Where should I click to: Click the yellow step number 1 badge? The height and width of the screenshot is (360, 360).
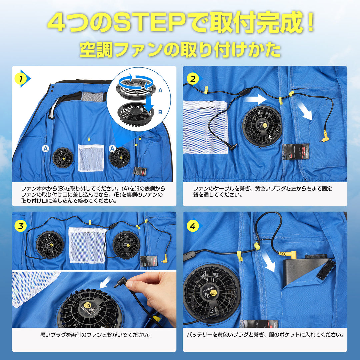tap(21, 79)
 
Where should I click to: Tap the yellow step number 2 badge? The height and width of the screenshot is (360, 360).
tap(193, 79)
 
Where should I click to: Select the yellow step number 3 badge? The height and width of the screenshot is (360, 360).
tap(21, 226)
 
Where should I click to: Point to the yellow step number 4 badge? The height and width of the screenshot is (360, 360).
tap(193, 226)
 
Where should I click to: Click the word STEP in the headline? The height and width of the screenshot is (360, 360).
tap(149, 23)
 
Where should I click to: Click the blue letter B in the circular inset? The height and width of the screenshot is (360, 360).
tap(160, 112)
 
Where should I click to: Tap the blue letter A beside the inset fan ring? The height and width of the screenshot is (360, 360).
tap(160, 90)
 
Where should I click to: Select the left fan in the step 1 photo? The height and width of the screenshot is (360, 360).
tap(63, 158)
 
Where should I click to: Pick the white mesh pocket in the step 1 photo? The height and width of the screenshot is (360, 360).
tap(91, 158)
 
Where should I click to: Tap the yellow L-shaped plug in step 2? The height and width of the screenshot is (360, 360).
tap(325, 136)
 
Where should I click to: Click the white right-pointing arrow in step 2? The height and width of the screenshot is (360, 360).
tap(255, 99)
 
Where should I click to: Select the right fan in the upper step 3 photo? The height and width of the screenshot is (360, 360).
tap(126, 245)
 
